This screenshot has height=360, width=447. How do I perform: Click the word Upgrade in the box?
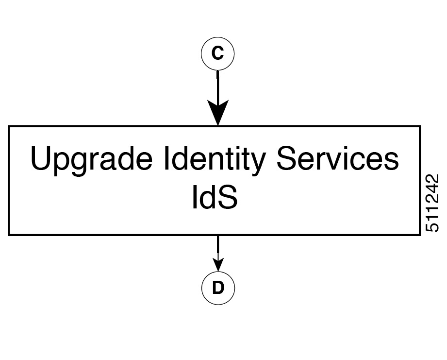[91, 160]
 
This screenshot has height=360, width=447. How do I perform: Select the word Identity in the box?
[215, 160]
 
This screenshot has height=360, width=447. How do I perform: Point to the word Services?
[337, 158]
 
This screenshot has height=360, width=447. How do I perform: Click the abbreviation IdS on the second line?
[215, 197]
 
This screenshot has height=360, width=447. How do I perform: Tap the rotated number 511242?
[432, 203]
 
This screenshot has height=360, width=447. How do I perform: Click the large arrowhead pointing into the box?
[218, 112]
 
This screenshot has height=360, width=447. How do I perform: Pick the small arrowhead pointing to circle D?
[218, 264]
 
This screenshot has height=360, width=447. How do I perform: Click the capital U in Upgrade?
[40, 158]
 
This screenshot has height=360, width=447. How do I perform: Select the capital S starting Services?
[287, 158]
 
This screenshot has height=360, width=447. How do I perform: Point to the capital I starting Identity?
[166, 158]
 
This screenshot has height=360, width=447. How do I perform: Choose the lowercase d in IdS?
[206, 197]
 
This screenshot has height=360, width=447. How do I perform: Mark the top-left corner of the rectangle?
[9, 126]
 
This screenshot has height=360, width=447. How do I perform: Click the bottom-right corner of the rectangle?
[420, 235]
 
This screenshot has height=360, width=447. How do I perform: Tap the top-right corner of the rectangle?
[420, 126]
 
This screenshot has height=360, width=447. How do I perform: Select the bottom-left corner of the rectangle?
[9, 235]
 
